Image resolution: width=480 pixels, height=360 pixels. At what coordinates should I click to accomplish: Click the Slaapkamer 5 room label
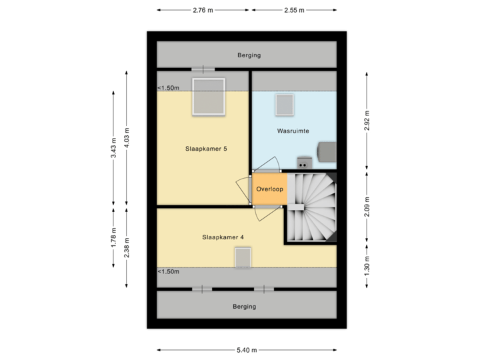206,149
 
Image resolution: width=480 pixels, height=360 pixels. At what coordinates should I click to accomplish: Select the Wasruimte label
293,131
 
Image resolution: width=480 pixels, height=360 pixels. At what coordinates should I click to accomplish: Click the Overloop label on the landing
269,189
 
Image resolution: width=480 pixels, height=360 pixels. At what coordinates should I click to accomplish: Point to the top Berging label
249,55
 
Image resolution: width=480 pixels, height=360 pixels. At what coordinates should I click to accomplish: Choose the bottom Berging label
244,307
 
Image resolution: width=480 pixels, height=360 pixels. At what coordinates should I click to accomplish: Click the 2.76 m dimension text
203,11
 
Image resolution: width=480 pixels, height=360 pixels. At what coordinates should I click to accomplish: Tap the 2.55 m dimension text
293,11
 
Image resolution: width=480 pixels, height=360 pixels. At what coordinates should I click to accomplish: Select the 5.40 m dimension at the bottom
247,350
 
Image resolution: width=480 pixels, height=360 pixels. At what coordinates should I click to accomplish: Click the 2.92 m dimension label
367,121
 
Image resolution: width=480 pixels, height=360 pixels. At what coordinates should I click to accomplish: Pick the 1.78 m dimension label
114,239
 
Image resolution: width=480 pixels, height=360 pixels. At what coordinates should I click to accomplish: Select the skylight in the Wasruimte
285,105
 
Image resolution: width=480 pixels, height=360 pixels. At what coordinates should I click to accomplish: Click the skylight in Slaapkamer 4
242,257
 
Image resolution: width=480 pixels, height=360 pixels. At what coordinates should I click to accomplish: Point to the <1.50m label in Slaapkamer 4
169,271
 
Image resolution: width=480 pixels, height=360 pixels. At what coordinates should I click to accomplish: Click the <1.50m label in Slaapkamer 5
169,88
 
